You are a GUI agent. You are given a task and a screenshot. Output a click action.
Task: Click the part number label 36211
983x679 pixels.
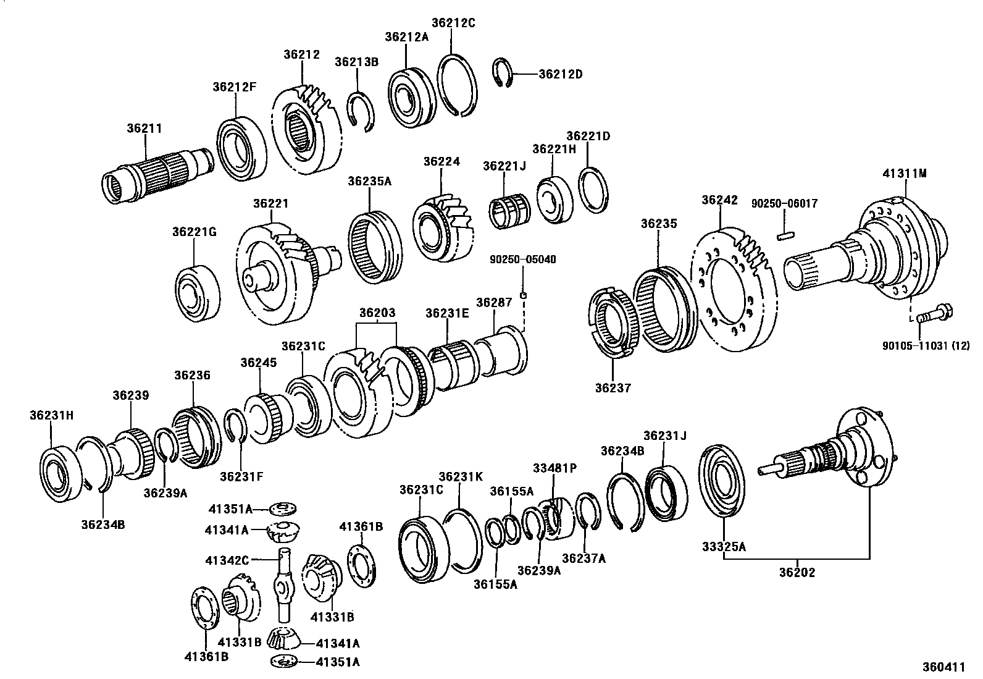[x=144, y=129]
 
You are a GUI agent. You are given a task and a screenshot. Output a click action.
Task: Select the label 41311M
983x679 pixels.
[x=905, y=174]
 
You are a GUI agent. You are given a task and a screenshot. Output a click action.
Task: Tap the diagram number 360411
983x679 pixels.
[x=943, y=667]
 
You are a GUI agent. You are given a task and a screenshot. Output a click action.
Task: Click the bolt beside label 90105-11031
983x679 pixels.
[x=933, y=313]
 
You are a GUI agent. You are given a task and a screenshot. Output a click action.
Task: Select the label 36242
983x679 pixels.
[x=720, y=200]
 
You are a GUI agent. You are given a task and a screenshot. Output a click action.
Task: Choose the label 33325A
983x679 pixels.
[x=724, y=546]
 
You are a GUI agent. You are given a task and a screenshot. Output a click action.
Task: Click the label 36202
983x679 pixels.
[x=797, y=572]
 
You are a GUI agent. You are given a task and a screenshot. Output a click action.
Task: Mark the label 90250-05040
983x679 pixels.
[x=524, y=259]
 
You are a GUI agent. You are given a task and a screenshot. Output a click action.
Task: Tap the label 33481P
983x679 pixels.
[x=555, y=468]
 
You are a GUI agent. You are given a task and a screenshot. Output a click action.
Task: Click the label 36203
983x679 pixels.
[x=377, y=313]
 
